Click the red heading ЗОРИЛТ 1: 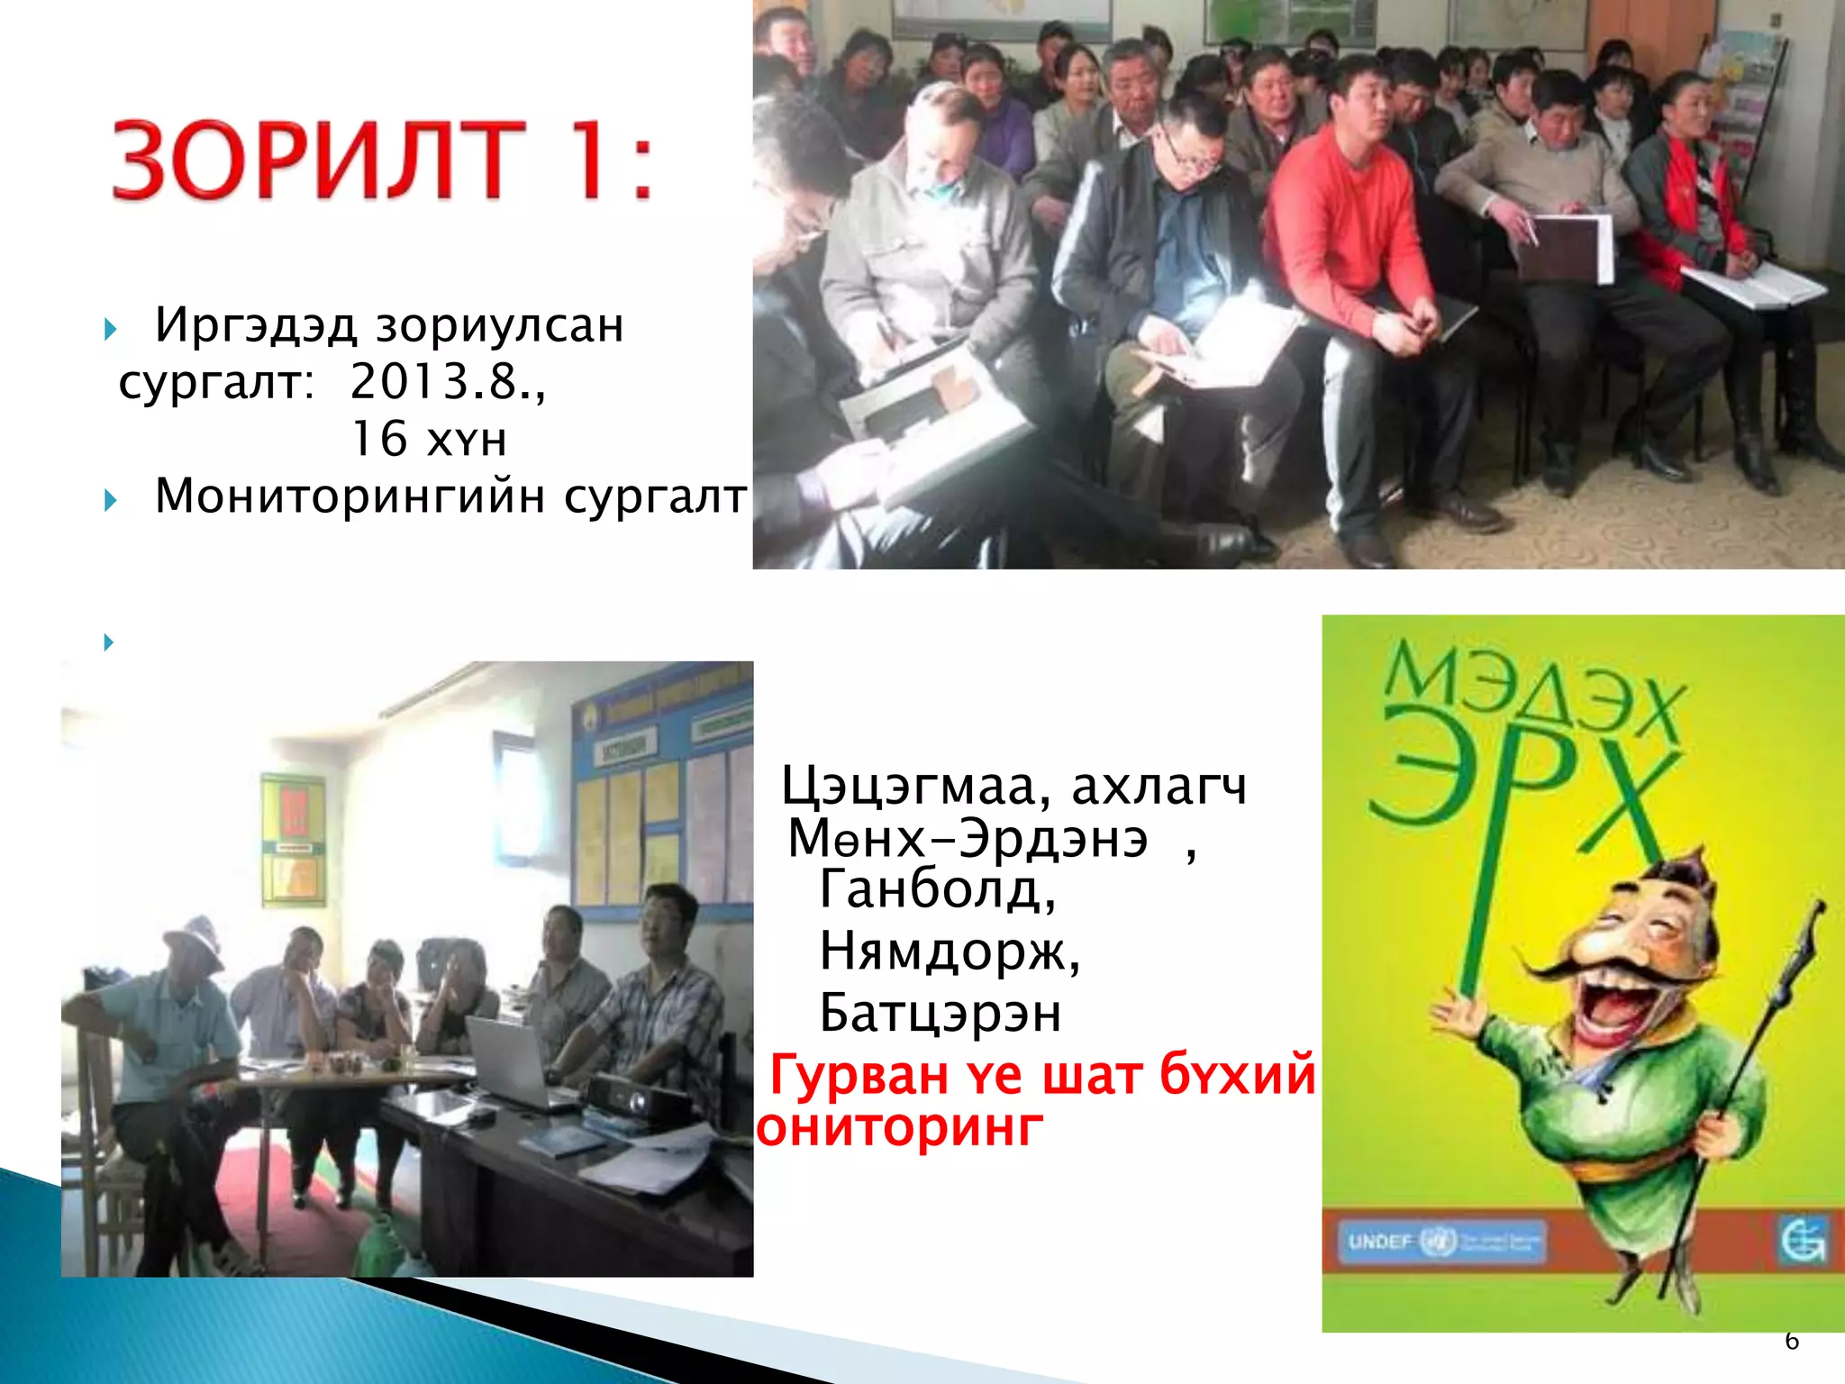click(x=383, y=159)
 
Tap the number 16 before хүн click(x=378, y=440)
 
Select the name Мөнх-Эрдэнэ click(x=968, y=839)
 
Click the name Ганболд click(x=937, y=890)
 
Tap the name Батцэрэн click(x=940, y=1013)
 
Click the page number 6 click(x=1791, y=1341)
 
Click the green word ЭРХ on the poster click(x=1522, y=793)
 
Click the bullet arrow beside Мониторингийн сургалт click(x=110, y=499)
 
